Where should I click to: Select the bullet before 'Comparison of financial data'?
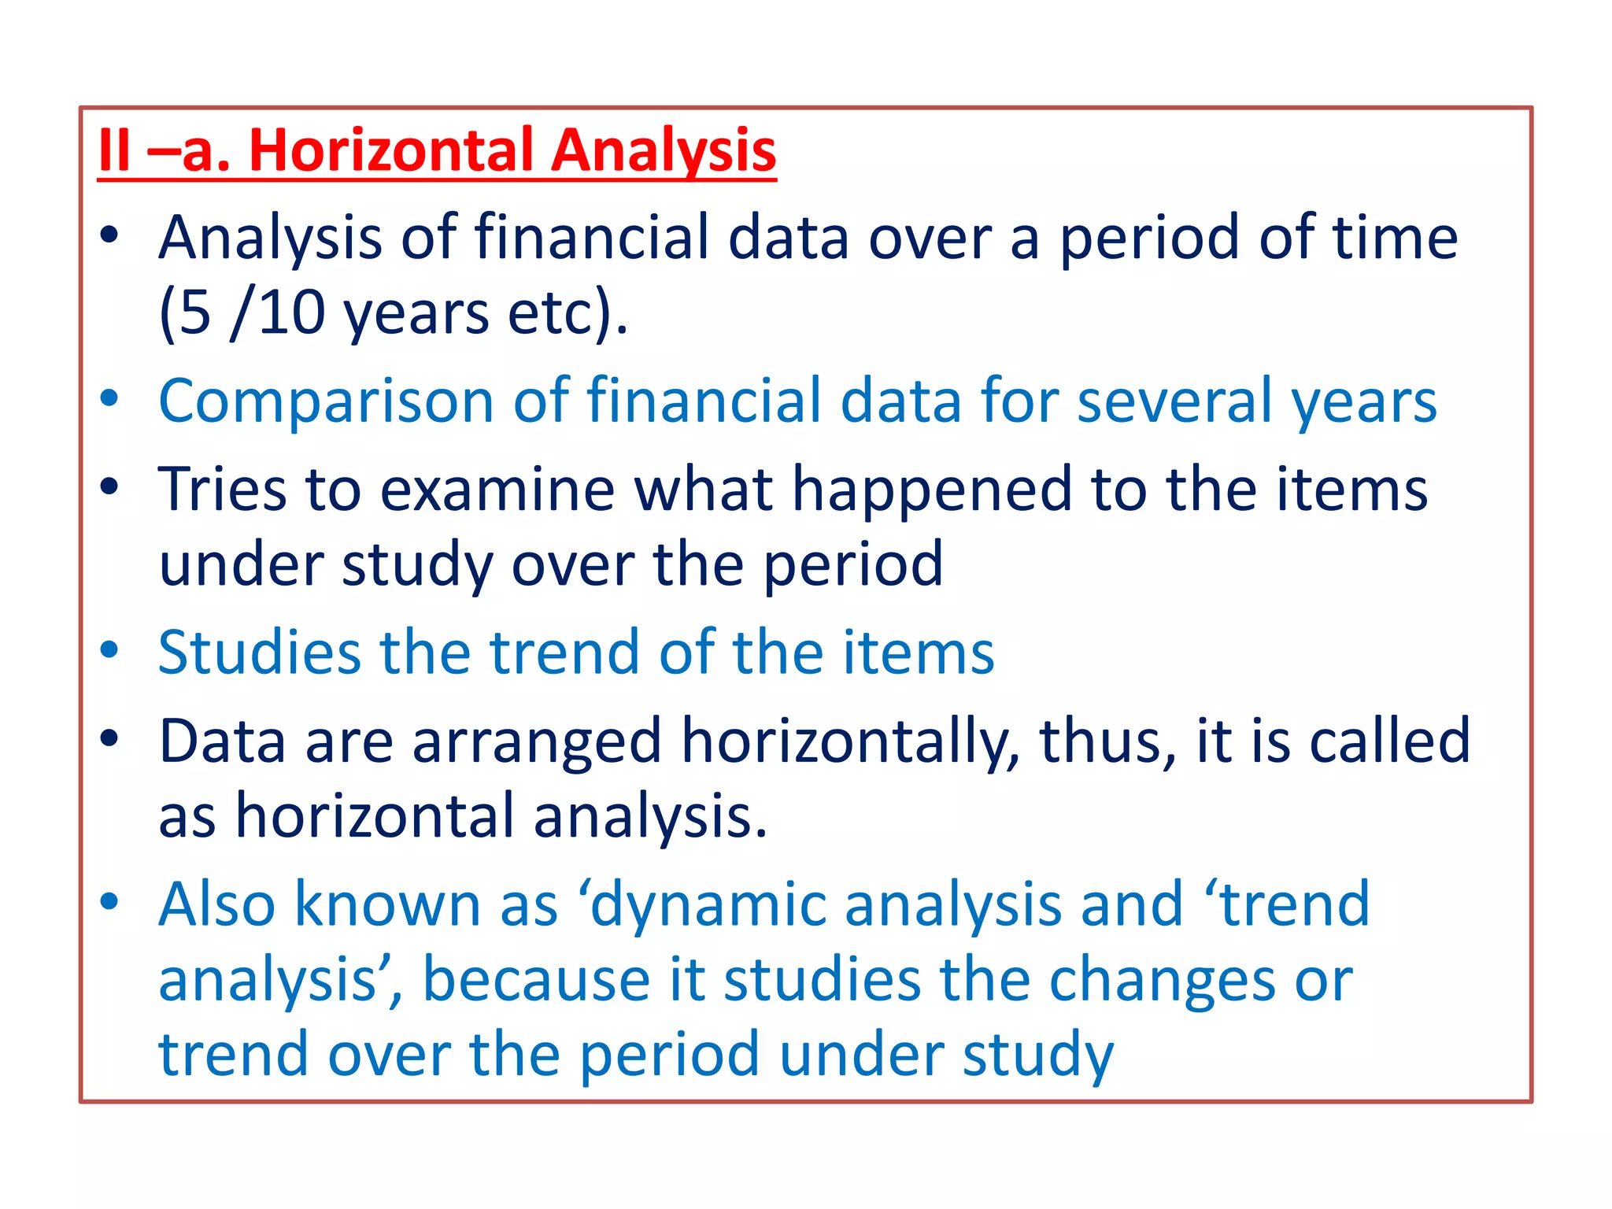point(109,398)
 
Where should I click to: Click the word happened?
point(931,490)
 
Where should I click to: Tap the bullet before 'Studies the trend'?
point(109,650)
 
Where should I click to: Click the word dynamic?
point(707,905)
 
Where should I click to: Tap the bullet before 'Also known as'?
point(109,901)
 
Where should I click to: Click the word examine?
point(497,490)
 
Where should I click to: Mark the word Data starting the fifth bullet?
point(222,741)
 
